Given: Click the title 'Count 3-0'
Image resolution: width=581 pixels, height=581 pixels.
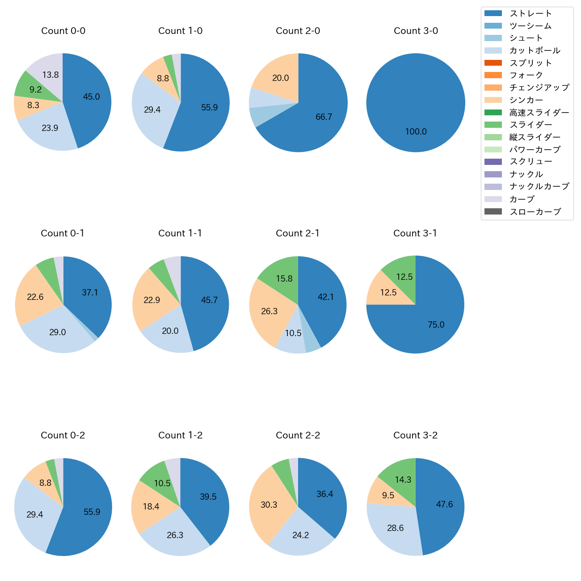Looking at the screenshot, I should pyautogui.click(x=416, y=31).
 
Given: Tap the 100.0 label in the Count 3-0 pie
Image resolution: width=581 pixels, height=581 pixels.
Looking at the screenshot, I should pyautogui.click(x=416, y=132).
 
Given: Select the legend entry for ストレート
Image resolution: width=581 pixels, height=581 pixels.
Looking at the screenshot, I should pyautogui.click(x=530, y=13).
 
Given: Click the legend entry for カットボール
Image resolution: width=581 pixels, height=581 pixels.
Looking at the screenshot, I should pyautogui.click(x=535, y=51).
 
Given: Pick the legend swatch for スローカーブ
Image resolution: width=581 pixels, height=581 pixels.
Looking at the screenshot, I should pyautogui.click(x=493, y=211).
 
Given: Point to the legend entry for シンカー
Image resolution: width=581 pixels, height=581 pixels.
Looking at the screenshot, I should pyautogui.click(x=526, y=100).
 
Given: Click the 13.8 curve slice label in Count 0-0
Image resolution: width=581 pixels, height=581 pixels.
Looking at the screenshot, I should pyautogui.click(x=51, y=75).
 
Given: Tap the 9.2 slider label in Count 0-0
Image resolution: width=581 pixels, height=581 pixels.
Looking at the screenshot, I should pyautogui.click(x=36, y=90).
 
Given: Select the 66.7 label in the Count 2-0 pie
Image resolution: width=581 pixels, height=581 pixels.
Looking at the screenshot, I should pyautogui.click(x=324, y=117).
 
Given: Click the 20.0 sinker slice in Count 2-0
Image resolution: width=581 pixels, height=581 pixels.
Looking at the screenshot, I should pyautogui.click(x=281, y=78).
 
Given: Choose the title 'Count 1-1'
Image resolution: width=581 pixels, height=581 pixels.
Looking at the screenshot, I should pyautogui.click(x=180, y=233).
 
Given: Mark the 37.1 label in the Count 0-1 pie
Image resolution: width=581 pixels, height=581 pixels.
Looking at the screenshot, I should pyautogui.click(x=90, y=293).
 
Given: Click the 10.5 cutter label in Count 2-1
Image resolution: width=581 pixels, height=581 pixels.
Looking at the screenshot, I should pyautogui.click(x=293, y=333).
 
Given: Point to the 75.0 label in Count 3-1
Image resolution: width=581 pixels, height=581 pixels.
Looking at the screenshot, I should pyautogui.click(x=436, y=325).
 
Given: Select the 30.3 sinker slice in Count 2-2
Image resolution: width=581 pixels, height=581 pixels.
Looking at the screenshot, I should pyautogui.click(x=269, y=505).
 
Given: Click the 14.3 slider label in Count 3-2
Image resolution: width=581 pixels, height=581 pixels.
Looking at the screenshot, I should pyautogui.click(x=403, y=480).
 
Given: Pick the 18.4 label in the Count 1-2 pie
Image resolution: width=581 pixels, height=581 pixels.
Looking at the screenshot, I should pyautogui.click(x=151, y=507).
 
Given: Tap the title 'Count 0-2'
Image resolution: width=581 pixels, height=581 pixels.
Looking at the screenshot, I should pyautogui.click(x=63, y=435).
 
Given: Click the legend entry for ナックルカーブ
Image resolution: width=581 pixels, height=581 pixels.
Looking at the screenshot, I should pyautogui.click(x=539, y=186).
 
